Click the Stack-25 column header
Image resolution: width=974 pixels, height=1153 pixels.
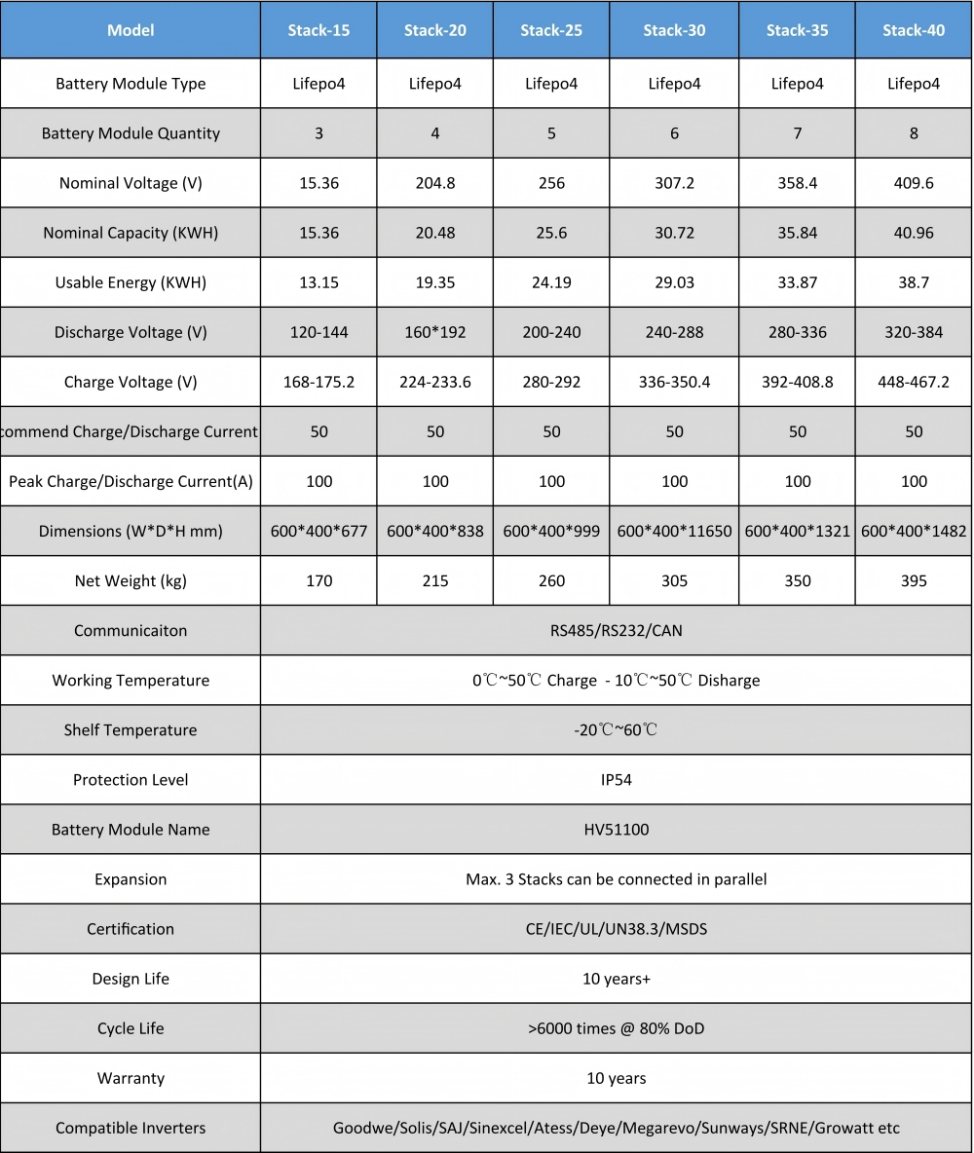point(551,30)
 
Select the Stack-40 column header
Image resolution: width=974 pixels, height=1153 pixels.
point(914,30)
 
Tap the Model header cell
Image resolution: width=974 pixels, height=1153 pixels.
point(131,30)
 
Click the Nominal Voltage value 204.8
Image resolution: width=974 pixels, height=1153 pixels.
point(435,183)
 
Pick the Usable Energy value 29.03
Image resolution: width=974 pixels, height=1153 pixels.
point(674,282)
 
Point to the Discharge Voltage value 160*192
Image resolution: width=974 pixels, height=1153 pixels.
point(435,332)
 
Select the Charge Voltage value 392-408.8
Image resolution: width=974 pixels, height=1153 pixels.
point(798,382)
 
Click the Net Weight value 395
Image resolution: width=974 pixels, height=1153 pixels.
point(914,581)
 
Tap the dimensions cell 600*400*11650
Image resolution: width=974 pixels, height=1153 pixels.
point(674,532)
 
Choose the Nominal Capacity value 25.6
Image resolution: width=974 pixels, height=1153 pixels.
point(551,233)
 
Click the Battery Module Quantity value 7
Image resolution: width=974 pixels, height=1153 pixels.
point(798,133)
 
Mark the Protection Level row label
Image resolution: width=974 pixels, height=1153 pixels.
point(131,780)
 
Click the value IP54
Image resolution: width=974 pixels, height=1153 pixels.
point(616,780)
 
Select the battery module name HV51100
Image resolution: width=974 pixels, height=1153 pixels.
point(616,830)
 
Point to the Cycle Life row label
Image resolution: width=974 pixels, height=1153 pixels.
point(131,1028)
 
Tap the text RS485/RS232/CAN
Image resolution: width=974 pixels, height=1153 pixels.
point(616,631)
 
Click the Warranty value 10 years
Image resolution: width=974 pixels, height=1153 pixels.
point(616,1078)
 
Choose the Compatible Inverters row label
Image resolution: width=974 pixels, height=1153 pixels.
point(131,1129)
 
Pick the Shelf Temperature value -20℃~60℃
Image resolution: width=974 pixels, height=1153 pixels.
point(616,730)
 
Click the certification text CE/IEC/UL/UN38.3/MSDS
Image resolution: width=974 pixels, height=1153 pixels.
point(616,929)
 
